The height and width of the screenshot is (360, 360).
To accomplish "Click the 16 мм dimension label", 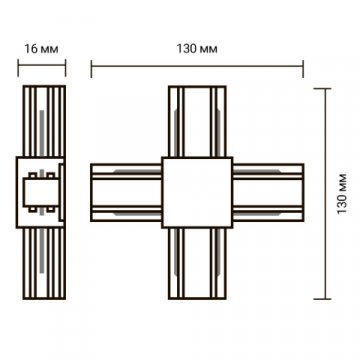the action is click(41, 49).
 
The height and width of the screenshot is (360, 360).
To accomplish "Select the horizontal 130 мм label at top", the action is click(197, 49).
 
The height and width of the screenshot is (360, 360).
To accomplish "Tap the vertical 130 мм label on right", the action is click(342, 194).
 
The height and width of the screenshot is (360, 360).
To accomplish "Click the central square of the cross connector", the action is click(197, 192).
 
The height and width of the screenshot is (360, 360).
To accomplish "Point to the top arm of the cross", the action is click(197, 121).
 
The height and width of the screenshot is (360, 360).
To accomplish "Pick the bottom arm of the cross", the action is click(197, 263).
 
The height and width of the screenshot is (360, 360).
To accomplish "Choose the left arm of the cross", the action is click(126, 192).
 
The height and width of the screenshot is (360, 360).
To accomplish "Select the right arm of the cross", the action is click(268, 192).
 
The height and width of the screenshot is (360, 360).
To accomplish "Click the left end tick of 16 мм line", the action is click(18, 68).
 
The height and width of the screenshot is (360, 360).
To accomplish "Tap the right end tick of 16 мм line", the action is click(65, 68).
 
